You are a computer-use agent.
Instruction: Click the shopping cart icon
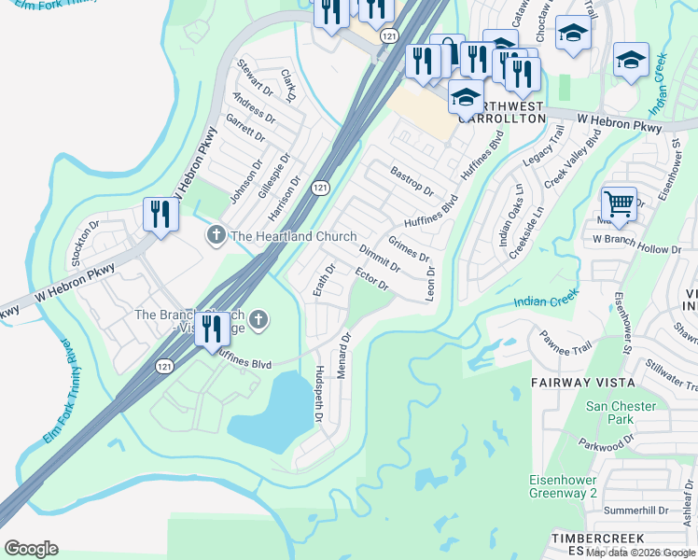click(x=619, y=202)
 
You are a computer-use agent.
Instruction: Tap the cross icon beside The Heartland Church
click(x=216, y=235)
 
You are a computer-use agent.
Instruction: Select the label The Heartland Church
click(x=293, y=236)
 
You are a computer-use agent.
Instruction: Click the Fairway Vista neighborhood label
click(x=583, y=383)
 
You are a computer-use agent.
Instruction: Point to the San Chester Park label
click(x=621, y=413)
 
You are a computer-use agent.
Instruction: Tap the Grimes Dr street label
click(x=409, y=250)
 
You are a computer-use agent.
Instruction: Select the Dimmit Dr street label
click(x=380, y=259)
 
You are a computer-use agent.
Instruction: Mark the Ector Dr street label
click(x=371, y=278)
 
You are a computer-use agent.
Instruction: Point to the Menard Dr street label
click(x=343, y=355)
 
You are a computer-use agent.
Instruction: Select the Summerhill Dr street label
click(x=636, y=511)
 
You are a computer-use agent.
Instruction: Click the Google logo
click(x=31, y=549)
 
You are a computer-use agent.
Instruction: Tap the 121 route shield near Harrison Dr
click(x=320, y=188)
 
